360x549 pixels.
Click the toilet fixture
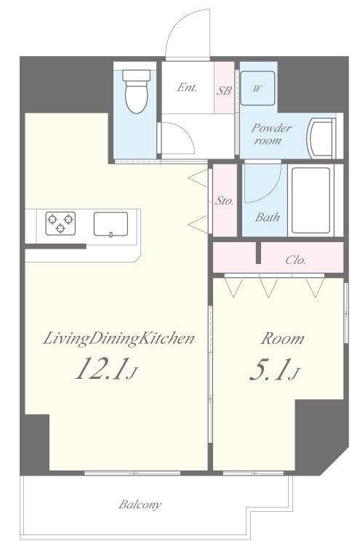tap(137, 91)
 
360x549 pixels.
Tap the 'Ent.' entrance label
tap(187, 87)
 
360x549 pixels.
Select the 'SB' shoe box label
tap(223, 90)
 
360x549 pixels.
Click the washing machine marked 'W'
tap(257, 88)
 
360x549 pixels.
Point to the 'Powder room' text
tap(271, 134)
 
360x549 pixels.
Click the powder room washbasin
tap(321, 138)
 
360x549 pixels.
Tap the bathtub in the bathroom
tap(311, 200)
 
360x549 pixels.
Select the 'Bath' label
tap(267, 217)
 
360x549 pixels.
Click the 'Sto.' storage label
tap(224, 201)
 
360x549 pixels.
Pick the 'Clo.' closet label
tap(295, 260)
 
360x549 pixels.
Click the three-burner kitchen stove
tap(60, 223)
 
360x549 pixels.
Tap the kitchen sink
tap(111, 224)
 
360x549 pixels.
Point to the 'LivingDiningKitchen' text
tap(119, 339)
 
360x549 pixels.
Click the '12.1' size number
tap(100, 369)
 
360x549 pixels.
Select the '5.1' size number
tap(268, 370)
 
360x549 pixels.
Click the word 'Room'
tap(282, 339)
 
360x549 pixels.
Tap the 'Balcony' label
tap(140, 505)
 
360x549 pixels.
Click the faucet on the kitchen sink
tap(111, 234)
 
